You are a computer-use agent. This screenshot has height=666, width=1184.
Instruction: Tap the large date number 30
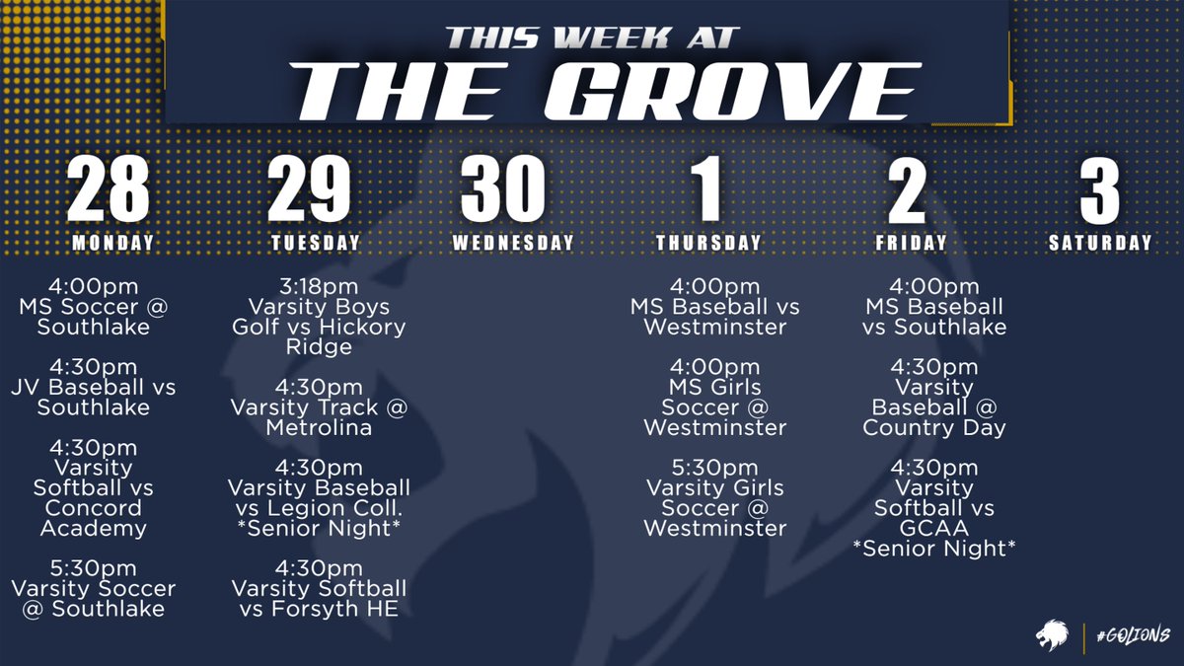click(504, 189)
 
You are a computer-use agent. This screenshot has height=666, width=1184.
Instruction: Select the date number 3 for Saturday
click(1100, 189)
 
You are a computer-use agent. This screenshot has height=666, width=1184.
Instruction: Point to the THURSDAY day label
click(708, 243)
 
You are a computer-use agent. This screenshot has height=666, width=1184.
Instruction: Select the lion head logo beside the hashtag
click(1053, 633)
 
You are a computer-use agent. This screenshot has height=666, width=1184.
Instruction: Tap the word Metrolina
click(318, 427)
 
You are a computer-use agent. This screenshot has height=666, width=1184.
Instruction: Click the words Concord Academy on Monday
click(94, 518)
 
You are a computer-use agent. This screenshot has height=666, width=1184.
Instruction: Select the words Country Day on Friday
click(934, 427)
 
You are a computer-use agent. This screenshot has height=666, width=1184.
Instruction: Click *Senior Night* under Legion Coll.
click(318, 528)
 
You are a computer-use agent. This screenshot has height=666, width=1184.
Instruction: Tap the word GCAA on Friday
click(934, 528)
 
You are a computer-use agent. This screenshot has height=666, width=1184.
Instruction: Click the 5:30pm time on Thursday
click(714, 468)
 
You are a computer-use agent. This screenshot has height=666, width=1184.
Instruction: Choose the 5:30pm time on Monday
click(94, 568)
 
